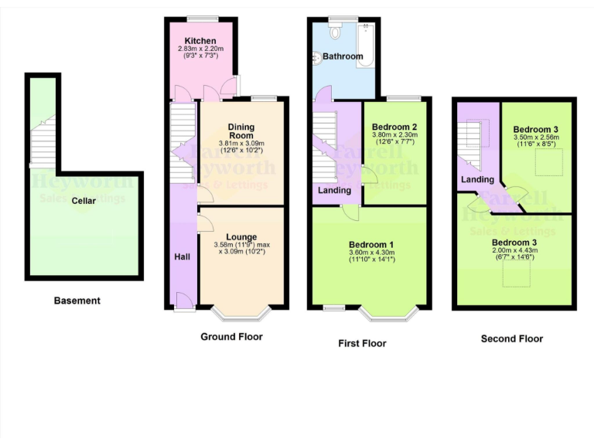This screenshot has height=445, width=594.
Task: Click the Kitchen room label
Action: click(200, 41)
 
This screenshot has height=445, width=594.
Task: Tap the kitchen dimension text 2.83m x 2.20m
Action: click(200, 49)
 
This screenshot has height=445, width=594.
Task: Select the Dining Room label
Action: click(241, 131)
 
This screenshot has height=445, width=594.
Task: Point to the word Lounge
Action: click(241, 236)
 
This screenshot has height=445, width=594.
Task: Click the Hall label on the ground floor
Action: click(181, 256)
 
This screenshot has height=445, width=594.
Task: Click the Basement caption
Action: click(77, 301)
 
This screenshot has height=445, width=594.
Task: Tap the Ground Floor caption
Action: click(231, 337)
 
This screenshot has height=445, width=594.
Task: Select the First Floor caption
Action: click(362, 343)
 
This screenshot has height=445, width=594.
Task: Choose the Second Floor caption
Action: click(512, 338)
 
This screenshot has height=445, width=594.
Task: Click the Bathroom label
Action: click(343, 56)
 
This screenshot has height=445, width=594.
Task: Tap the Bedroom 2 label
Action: click(394, 127)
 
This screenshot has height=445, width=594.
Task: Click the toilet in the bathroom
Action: click(336, 31)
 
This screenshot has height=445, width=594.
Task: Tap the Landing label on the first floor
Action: click(335, 190)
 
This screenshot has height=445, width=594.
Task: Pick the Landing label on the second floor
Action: click(477, 180)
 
